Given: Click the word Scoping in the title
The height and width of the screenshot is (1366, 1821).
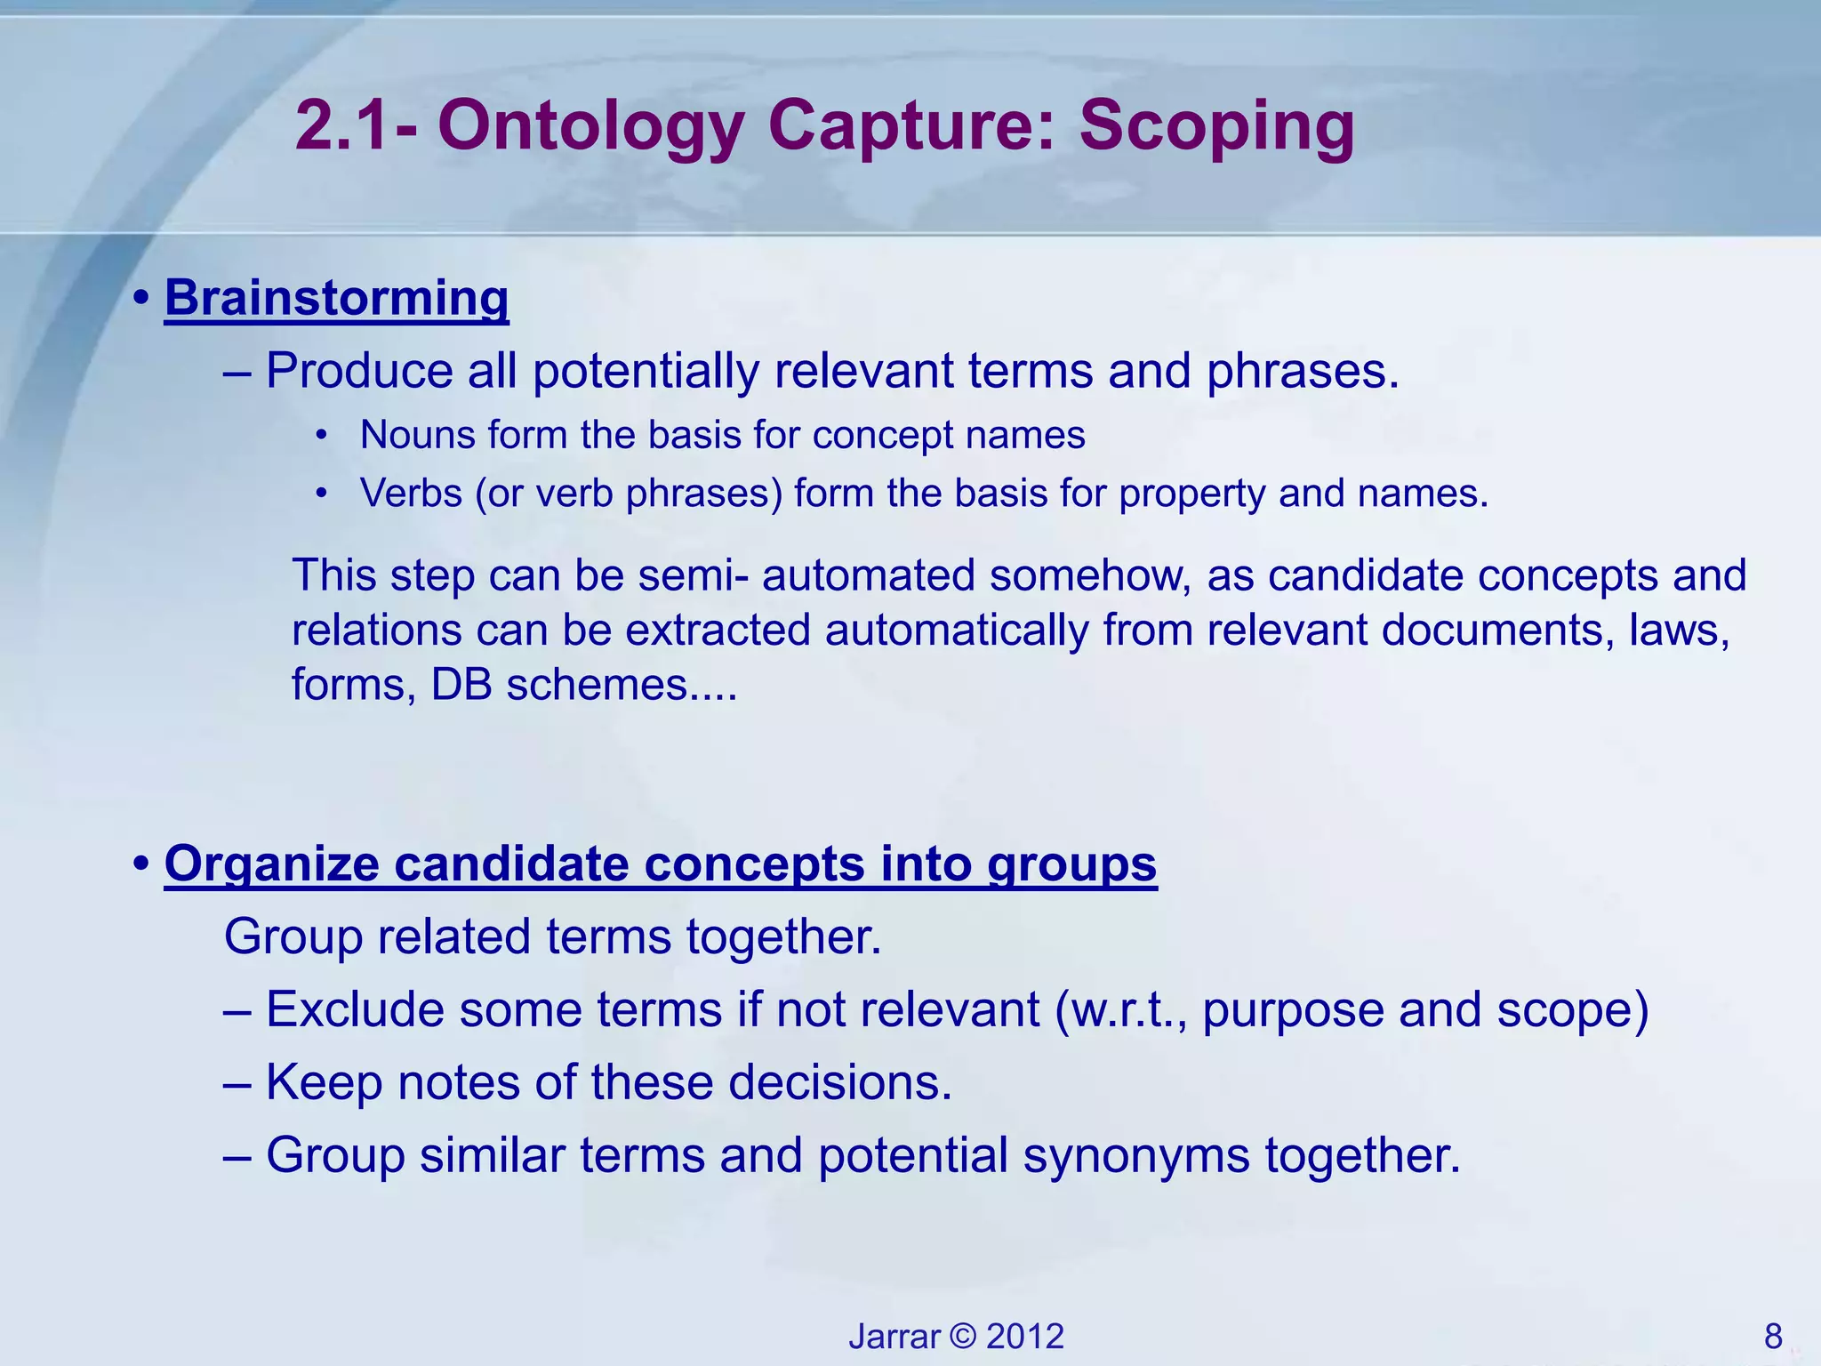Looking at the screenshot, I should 1216,126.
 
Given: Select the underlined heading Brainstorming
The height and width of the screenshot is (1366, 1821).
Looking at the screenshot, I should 336,297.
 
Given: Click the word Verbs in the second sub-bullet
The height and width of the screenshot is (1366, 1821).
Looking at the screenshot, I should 411,494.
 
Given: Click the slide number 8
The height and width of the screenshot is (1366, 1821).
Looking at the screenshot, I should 1773,1337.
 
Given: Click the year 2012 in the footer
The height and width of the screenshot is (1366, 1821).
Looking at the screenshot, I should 1025,1337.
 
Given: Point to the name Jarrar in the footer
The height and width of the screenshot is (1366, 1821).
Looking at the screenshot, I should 894,1337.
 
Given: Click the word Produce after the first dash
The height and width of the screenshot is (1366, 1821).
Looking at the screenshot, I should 359,371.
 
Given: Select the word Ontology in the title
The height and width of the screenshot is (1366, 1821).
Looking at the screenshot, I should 590,126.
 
